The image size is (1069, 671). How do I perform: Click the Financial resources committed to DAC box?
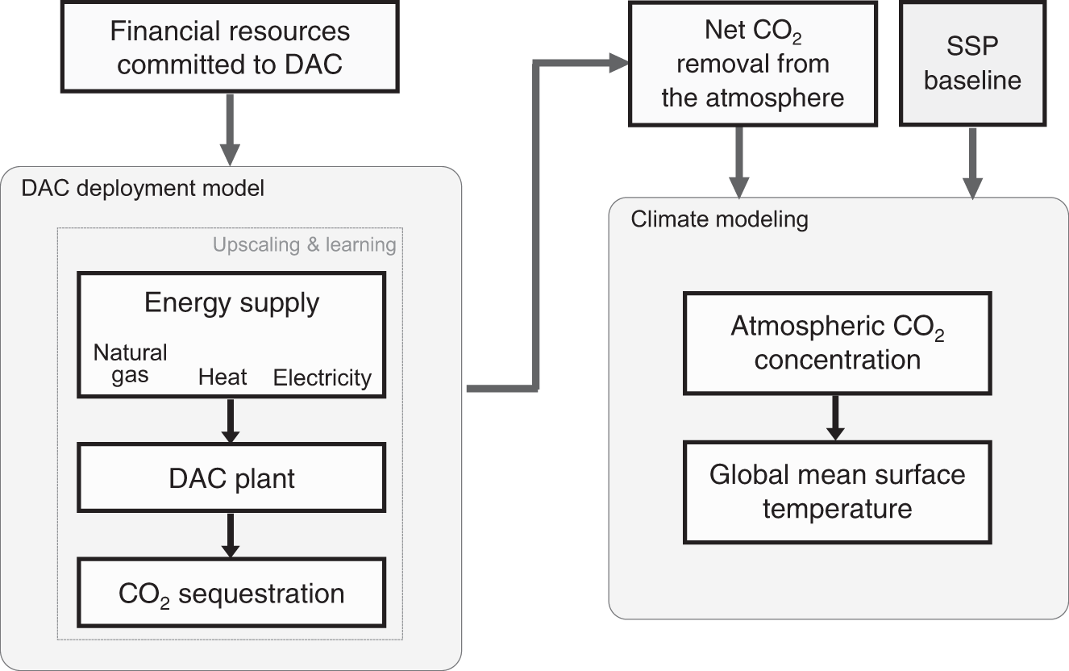231,48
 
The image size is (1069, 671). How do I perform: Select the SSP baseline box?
972,64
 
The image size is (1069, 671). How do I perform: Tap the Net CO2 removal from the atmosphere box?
752,64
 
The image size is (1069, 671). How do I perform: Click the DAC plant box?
231,479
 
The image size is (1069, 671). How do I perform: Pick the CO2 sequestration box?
231,594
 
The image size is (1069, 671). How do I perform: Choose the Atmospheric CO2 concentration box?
836,342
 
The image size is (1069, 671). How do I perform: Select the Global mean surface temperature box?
836,491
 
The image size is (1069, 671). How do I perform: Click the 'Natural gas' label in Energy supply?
131,364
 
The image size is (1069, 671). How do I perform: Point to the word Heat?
223,377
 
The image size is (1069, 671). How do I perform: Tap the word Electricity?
322,377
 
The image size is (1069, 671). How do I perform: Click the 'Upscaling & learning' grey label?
304,244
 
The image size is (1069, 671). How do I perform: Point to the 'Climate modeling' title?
719,219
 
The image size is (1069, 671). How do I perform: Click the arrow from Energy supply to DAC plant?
231,419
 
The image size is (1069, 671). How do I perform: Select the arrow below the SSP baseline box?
972,161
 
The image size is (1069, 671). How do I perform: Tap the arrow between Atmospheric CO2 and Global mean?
836,417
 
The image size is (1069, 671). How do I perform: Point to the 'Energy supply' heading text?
231,303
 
